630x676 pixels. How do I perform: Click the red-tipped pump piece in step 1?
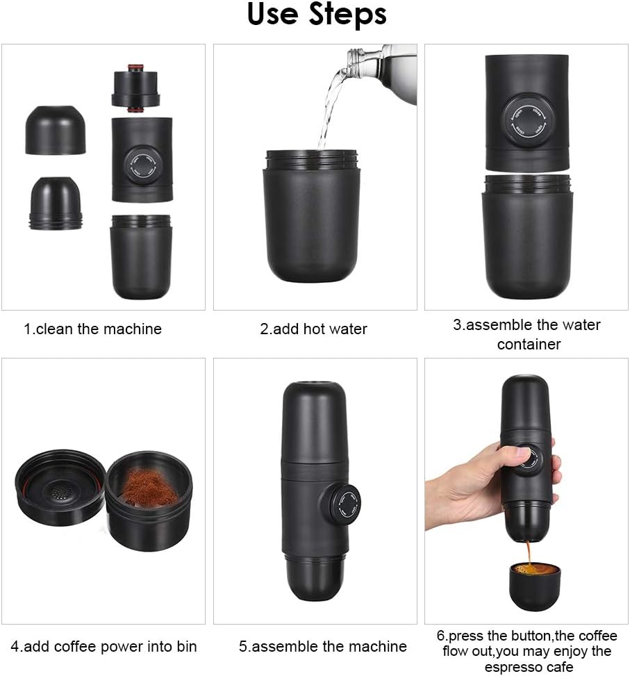click(x=135, y=88)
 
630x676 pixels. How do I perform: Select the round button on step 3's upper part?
click(x=524, y=122)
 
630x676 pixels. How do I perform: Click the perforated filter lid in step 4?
click(x=60, y=487)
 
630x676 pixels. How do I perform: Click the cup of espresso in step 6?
click(x=536, y=586)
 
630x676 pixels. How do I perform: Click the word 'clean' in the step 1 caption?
click(x=55, y=329)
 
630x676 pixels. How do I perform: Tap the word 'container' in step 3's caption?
click(x=529, y=344)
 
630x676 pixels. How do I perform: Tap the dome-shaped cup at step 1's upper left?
click(x=55, y=130)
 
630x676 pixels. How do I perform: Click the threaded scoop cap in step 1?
click(x=55, y=203)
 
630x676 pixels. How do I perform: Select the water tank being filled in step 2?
click(x=312, y=216)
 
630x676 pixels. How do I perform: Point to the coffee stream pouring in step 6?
click(x=528, y=554)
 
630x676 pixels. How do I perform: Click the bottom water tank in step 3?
click(x=527, y=236)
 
